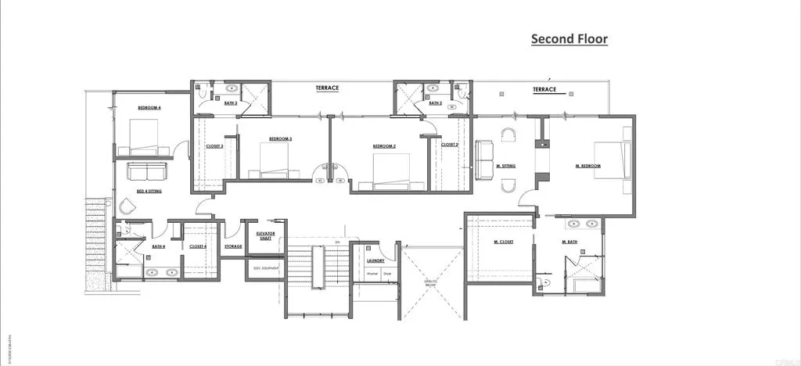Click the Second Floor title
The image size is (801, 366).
point(569,38)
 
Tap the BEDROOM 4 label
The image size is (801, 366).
point(149,108)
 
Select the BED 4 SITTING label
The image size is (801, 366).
point(149,191)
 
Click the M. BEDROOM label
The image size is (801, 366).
point(588,166)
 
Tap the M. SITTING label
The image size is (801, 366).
point(506,166)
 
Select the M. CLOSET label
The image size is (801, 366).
point(503,242)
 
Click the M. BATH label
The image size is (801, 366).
point(569,242)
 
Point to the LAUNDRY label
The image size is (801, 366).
point(376,260)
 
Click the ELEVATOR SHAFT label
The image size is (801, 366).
point(264,236)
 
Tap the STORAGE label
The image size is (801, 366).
point(233,247)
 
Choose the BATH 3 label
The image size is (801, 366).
point(231,103)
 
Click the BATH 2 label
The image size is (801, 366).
point(436,103)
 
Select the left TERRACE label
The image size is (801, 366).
point(327,88)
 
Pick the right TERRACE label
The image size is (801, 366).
point(544,90)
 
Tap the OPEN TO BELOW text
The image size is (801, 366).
point(429,283)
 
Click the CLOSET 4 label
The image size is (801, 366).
point(198,247)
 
